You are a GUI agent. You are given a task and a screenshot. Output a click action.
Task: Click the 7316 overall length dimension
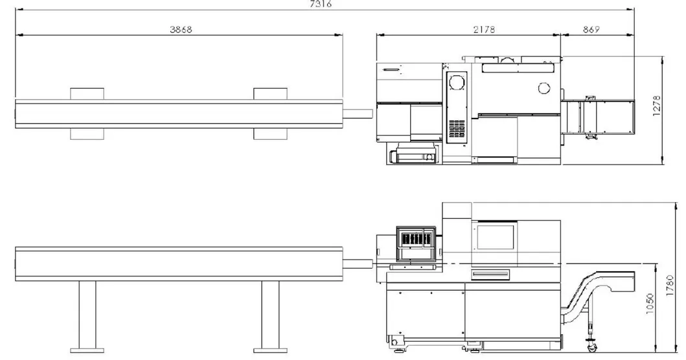click(x=321, y=4)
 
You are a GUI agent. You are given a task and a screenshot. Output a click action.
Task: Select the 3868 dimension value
click(x=181, y=29)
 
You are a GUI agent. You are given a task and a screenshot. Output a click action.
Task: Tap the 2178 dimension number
click(x=484, y=29)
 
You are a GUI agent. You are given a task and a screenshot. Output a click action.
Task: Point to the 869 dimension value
click(x=591, y=29)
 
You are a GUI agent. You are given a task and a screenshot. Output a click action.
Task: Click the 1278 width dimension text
click(x=657, y=106)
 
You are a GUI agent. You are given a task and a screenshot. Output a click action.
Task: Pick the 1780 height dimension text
click(x=670, y=286)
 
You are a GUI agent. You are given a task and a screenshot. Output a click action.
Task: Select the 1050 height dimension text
click(x=650, y=303)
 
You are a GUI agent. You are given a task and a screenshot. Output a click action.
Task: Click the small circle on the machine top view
click(x=543, y=88)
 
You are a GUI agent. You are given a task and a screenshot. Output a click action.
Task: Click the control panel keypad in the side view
click(x=416, y=239)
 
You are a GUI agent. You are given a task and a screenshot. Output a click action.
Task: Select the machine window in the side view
click(x=496, y=236)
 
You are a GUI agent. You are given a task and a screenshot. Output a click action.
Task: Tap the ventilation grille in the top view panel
click(x=457, y=128)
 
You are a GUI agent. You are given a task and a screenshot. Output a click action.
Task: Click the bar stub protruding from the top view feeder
click(x=358, y=114)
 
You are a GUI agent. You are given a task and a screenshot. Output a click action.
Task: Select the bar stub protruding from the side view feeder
click(x=358, y=264)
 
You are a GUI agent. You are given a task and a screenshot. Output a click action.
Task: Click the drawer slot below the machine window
click(x=490, y=275)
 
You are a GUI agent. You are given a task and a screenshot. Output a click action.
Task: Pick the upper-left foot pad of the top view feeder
click(x=87, y=94)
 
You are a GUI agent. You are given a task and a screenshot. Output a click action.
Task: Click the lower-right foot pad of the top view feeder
click(x=270, y=134)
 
